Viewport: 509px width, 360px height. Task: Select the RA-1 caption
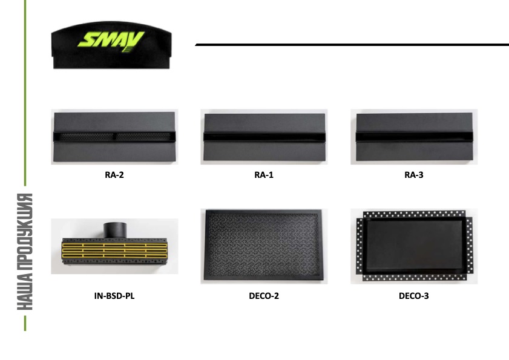click(x=264, y=175)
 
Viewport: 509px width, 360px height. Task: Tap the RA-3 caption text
click(x=414, y=175)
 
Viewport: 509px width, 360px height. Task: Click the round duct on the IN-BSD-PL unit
click(x=114, y=231)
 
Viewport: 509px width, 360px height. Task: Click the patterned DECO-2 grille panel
click(x=264, y=245)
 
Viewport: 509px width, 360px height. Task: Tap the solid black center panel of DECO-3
click(x=414, y=244)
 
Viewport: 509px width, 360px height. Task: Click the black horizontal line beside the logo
click(x=351, y=45)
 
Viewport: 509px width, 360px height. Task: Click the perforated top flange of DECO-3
click(x=414, y=215)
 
